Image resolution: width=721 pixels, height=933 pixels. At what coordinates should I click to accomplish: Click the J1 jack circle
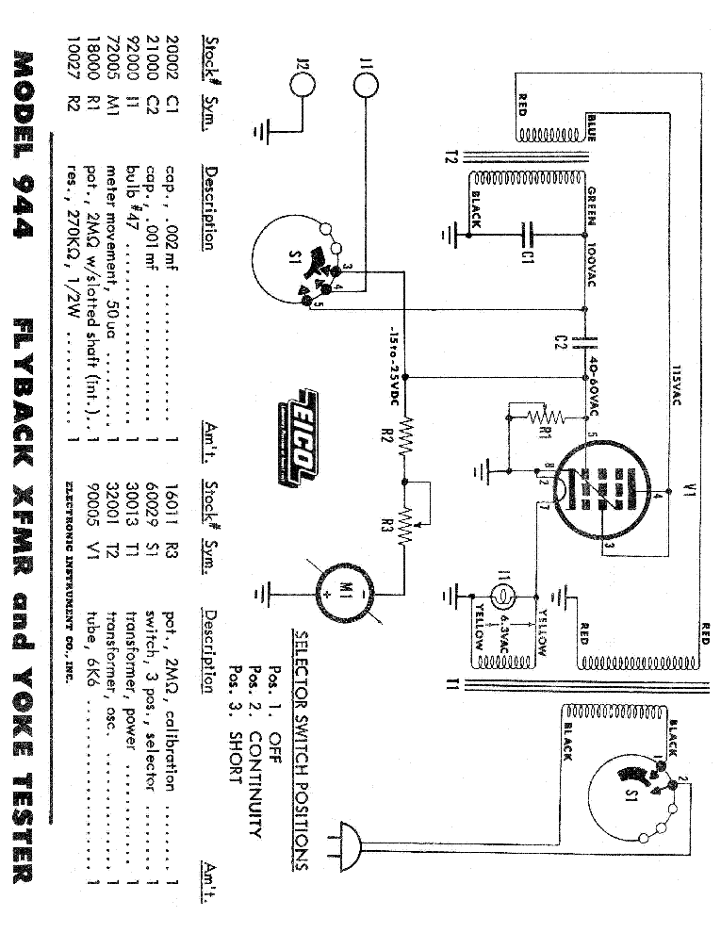367,84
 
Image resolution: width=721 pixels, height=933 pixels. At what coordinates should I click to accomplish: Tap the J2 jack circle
303,84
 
